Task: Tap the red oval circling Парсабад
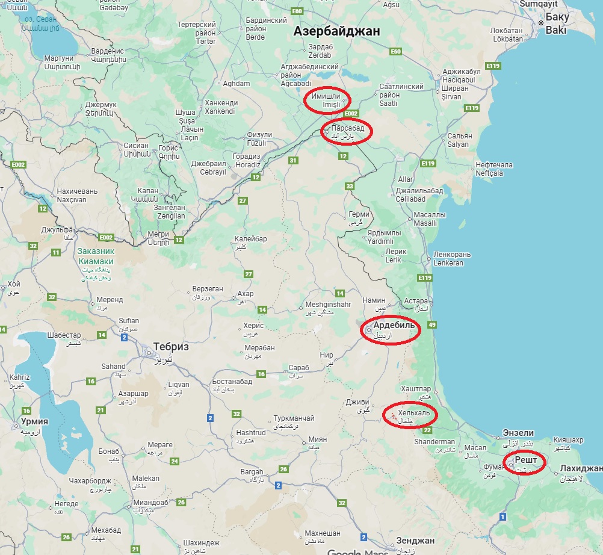347,131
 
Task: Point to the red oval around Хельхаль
410,414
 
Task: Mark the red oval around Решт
524,462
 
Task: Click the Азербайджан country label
336,32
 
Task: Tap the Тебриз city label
171,347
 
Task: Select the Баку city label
557,17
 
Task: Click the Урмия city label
34,421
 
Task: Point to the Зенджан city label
415,541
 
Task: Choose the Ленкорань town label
452,255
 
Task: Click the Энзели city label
518,433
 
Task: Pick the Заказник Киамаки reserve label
96,256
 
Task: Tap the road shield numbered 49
431,325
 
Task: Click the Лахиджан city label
581,468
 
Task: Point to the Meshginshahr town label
328,305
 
